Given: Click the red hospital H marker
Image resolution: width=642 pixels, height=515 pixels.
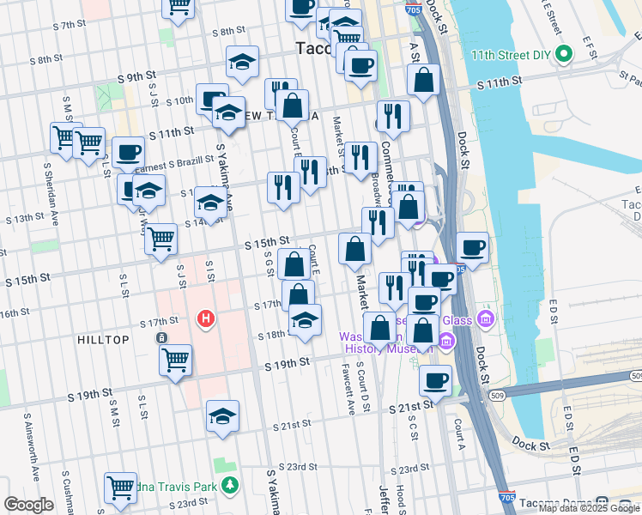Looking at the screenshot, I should coord(205,319).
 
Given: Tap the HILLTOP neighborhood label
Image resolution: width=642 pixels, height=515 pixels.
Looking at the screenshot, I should coord(103,341).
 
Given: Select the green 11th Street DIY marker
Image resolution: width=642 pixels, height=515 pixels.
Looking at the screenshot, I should coord(563,55).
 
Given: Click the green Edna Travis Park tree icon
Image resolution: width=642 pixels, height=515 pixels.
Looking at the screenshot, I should coord(229,487).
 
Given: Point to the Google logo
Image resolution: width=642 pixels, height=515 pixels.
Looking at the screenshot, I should coord(28,505).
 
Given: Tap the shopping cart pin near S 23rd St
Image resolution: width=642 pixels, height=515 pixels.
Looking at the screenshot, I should coord(120,487).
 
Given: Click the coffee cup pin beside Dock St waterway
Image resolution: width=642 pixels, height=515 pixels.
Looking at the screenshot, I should coord(472,248).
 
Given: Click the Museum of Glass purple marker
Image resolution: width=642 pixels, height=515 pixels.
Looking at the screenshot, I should coord(486,320).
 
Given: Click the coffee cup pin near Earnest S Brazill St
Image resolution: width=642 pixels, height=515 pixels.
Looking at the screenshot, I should coord(128,153).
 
